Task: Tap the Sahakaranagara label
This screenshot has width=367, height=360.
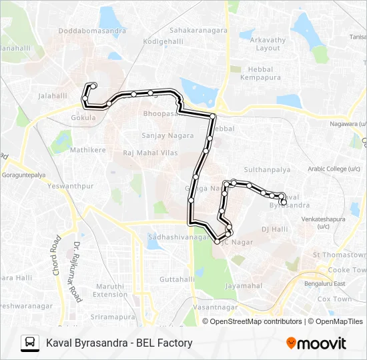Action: [x=199, y=30]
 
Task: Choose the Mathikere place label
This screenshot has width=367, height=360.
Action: [x=88, y=150]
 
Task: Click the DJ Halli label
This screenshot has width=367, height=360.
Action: [x=274, y=229]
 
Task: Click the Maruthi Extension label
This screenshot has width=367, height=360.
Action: [x=109, y=290]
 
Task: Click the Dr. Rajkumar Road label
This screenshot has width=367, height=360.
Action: [x=75, y=272]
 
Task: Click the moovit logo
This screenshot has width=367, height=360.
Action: [x=316, y=343]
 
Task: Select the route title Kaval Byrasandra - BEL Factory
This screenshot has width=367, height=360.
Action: [x=119, y=343]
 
